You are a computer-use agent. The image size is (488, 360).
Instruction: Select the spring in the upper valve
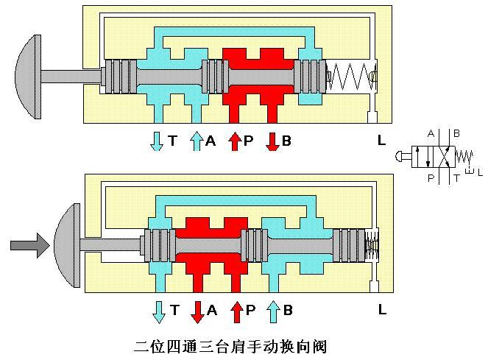click(352, 76)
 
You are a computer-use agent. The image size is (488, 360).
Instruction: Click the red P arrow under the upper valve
click(234, 141)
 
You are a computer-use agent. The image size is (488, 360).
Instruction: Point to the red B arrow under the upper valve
click(272, 141)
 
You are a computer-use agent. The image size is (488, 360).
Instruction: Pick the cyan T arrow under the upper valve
click(157, 141)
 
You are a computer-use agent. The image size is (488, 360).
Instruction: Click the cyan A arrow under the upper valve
click(197, 141)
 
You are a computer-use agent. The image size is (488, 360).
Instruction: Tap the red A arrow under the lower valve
click(197, 311)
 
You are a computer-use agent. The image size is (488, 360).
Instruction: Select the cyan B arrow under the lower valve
click(273, 311)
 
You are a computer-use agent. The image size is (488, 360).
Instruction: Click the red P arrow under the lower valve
click(236, 311)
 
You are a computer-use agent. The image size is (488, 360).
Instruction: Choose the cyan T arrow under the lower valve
click(158, 311)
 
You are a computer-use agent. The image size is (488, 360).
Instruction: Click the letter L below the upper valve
click(381, 139)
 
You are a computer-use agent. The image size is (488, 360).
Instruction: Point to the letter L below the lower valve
click(381, 310)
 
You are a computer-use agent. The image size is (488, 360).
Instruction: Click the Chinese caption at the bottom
click(230, 345)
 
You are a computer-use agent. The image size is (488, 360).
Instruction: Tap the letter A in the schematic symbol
click(430, 134)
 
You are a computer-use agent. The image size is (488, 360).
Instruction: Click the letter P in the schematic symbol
click(430, 177)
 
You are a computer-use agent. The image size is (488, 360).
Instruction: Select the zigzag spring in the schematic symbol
click(464, 156)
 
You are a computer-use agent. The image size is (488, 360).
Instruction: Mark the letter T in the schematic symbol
click(457, 177)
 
